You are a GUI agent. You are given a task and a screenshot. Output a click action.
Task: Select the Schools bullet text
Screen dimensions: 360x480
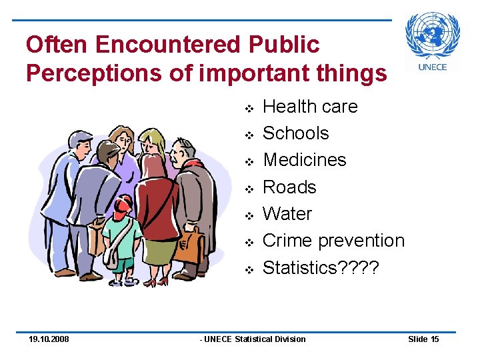point(296,133)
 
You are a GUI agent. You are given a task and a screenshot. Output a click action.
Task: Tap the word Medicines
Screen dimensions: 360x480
point(305,160)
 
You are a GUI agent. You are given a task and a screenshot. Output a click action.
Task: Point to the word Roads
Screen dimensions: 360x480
point(289,187)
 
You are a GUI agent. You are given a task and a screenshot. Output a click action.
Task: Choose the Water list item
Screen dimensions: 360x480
point(287,214)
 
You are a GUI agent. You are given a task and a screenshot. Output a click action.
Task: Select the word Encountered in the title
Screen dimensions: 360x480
point(167,45)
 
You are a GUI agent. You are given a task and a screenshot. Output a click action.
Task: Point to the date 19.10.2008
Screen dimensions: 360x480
point(49,339)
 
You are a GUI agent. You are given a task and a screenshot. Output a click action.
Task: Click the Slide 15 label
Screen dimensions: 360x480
point(423,339)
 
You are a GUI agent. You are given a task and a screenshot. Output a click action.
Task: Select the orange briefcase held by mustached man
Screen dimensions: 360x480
point(188,247)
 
